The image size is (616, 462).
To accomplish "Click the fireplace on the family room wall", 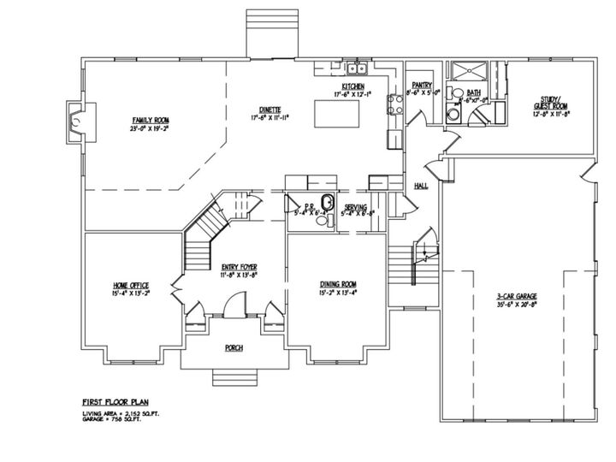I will [75, 122].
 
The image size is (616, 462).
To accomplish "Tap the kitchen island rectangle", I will [336, 113].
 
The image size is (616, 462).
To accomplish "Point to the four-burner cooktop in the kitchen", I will [396, 105].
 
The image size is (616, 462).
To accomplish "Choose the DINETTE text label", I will [271, 109].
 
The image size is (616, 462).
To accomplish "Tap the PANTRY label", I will [422, 85].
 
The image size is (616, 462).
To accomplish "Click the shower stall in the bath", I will [471, 72].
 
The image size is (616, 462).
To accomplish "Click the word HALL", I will [421, 185].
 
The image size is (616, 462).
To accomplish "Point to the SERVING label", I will [355, 208].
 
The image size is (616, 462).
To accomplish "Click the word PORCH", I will [234, 348].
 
